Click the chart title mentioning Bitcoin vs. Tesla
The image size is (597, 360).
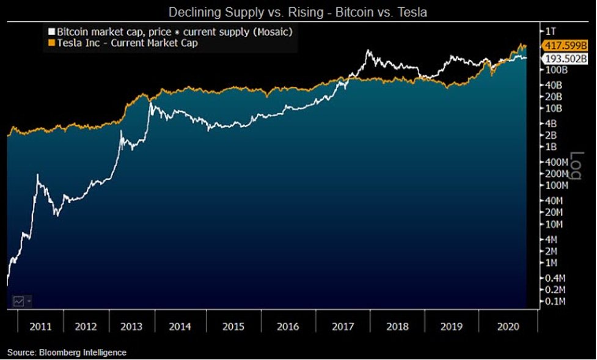(x=298, y=12)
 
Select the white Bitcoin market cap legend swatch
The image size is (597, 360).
(x=51, y=31)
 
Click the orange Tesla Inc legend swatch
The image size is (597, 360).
(x=51, y=43)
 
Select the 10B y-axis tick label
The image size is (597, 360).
(x=553, y=109)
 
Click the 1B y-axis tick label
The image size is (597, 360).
(x=551, y=147)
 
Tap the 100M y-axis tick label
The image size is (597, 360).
(x=555, y=185)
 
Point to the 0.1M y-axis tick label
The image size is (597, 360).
(x=555, y=301)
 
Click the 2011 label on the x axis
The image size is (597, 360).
(x=40, y=326)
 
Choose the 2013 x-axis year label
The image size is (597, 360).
(x=132, y=326)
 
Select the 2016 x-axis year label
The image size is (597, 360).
(x=288, y=326)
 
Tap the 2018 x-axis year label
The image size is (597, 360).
(x=397, y=326)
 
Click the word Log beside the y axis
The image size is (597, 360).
(x=575, y=166)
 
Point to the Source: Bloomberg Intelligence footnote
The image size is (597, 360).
(x=67, y=353)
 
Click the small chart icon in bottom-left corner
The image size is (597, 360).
(x=19, y=301)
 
